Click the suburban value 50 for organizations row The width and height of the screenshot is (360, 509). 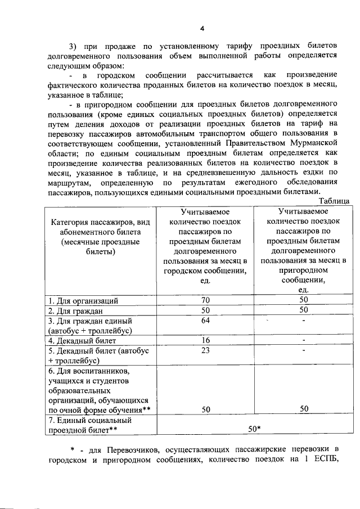point(304,300)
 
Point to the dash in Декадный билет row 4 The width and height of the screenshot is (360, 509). point(304,341)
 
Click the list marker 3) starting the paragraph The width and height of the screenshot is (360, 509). point(73,46)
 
